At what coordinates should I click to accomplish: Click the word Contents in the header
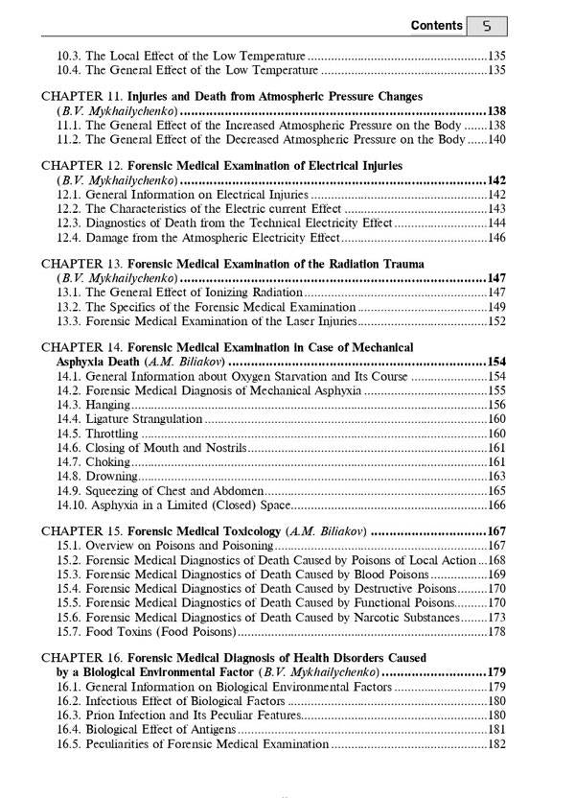coord(436,26)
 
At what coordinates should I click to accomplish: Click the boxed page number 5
coord(487,27)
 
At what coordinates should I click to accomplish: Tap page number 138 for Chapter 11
coord(495,111)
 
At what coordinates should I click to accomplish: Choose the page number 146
coord(496,237)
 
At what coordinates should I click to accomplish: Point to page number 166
coord(496,504)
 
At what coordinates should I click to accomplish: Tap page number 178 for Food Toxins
coord(496,631)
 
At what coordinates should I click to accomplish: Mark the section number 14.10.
coord(72,504)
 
